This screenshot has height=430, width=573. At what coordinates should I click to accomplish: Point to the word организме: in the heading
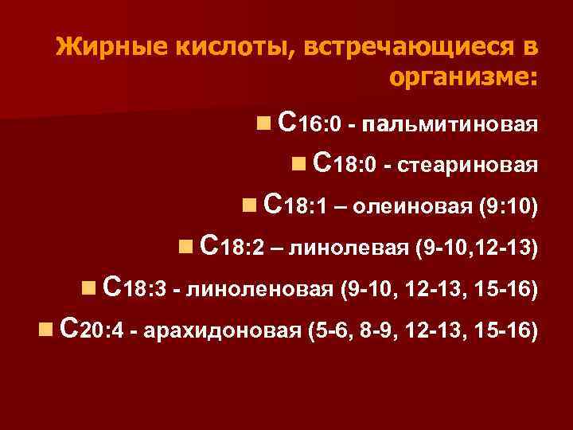pyautogui.click(x=465, y=78)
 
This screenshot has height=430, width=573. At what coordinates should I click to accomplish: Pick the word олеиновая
pyautogui.click(x=413, y=207)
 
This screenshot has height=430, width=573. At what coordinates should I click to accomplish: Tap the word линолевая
pyautogui.click(x=352, y=248)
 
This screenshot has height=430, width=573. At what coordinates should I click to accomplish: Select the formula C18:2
pyautogui.click(x=234, y=246)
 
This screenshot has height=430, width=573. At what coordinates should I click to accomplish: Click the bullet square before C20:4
pyautogui.click(x=45, y=327)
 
